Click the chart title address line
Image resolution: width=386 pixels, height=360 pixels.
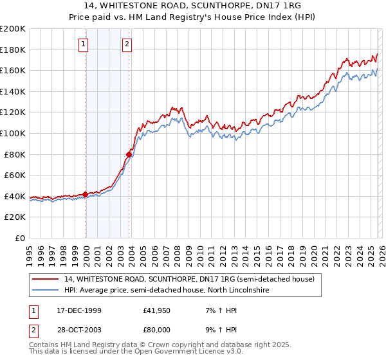click(x=193, y=6)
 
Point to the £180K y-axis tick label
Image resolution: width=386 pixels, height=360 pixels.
click(x=13, y=50)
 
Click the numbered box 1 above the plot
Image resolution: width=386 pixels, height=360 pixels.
click(x=85, y=44)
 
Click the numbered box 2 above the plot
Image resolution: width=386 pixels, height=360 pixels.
click(x=127, y=44)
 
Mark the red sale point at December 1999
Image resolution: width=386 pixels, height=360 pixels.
click(x=86, y=194)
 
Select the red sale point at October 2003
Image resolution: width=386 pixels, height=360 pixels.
click(x=129, y=154)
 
